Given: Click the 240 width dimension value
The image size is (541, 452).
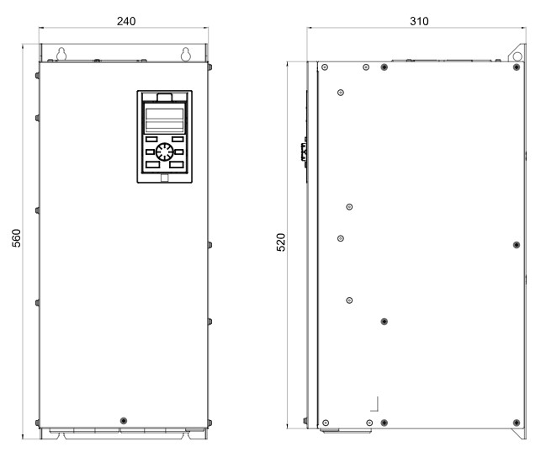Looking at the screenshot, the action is (x=126, y=21).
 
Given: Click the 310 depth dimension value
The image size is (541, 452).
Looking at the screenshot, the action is (x=419, y=21).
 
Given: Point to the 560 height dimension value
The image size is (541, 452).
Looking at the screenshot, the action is (x=17, y=238).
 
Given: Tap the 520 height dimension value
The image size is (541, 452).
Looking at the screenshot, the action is (x=282, y=242).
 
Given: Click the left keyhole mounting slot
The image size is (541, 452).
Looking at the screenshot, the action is (x=61, y=54).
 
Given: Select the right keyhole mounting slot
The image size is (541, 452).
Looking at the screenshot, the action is (x=186, y=54).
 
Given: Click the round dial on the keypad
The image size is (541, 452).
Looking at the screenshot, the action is (x=165, y=152).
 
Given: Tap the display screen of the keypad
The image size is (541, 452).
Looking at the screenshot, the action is (x=165, y=120).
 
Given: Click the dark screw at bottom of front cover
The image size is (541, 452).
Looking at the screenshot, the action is (x=124, y=421).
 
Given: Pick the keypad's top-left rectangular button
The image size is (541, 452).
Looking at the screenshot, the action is (x=151, y=140).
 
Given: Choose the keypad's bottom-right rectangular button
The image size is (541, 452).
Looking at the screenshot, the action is (x=177, y=165).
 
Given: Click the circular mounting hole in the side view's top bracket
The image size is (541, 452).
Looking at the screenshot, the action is (x=517, y=56).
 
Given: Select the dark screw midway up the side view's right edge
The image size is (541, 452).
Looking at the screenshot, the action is (x=517, y=245).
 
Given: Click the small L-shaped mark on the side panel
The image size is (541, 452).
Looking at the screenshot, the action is (x=374, y=404).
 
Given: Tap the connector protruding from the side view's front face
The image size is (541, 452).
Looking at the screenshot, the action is (x=304, y=152).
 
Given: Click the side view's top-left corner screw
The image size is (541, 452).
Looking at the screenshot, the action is (x=325, y=67).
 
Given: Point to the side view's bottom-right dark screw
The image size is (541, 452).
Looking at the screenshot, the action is (x=517, y=423).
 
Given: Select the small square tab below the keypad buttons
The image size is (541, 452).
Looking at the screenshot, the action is (x=165, y=178).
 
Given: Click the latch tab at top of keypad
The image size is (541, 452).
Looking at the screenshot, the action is (x=165, y=98).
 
